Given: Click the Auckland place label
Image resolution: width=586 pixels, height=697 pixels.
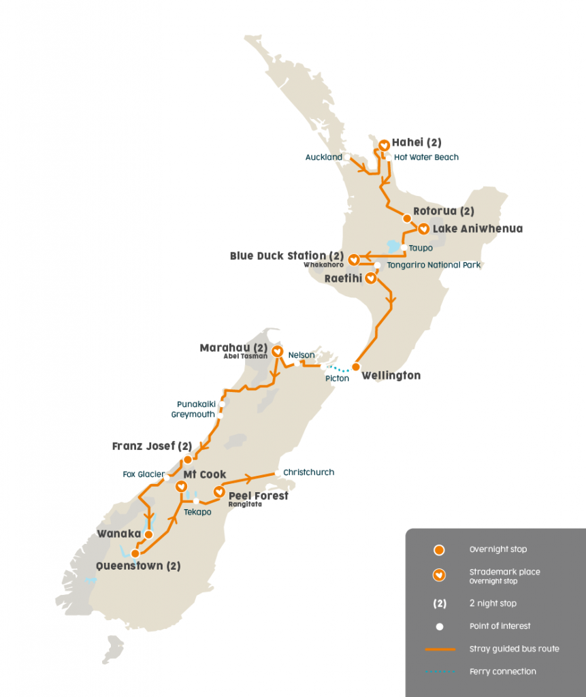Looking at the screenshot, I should click(323, 157).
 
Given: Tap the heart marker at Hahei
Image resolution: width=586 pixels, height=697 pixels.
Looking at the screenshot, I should click(384, 145).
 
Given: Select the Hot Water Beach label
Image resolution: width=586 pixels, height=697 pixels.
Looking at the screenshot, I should click(427, 157).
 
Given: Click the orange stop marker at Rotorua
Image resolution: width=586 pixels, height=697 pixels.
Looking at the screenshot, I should click(407, 218).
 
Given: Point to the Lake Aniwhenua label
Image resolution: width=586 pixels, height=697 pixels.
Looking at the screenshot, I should click(477, 229).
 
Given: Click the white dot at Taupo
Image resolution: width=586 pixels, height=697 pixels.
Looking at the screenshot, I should click(404, 248).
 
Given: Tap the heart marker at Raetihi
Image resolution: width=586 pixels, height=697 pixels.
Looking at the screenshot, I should click(370, 278).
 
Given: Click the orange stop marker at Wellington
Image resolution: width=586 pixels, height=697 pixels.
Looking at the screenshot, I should click(355, 367).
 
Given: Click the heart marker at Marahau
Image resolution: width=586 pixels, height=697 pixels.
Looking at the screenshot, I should click(277, 352).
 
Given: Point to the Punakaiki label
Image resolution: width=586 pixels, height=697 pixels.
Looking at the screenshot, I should click(195, 404).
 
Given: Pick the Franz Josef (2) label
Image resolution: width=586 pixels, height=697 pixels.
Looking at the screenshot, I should click(152, 447).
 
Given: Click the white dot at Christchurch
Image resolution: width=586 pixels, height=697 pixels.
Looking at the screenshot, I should click(276, 473).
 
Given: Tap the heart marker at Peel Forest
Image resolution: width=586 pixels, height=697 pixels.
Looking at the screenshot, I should click(219, 491).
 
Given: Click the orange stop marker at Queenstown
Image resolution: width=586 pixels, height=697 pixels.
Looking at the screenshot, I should click(135, 553).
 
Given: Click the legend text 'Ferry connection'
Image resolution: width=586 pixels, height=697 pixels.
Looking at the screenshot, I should click(502, 672).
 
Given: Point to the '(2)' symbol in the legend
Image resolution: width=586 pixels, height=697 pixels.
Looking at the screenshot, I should click(440, 604).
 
